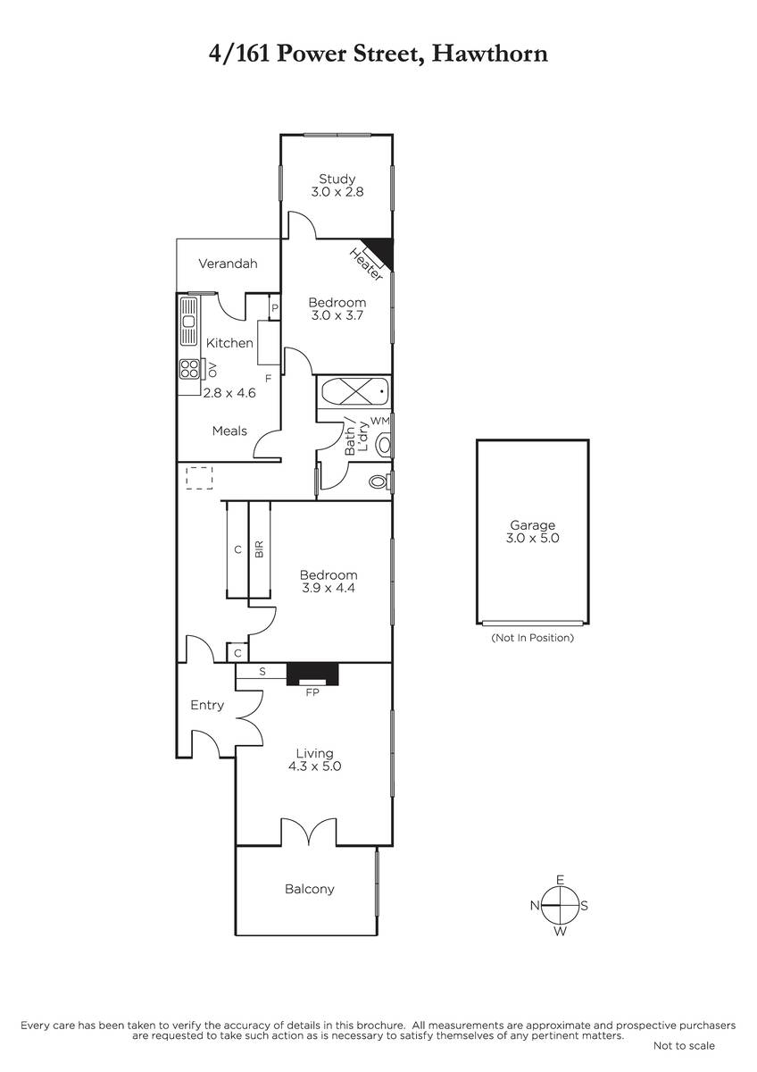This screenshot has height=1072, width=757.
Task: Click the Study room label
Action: coord(337,179)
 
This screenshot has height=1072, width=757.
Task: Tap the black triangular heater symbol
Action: coord(381,250)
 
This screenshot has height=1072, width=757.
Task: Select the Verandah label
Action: coord(228,264)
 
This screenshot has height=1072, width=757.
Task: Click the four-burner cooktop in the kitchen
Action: coord(189,369)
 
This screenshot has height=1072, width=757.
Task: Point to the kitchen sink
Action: coord(189,321)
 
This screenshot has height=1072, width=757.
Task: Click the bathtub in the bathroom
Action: coord(354,392)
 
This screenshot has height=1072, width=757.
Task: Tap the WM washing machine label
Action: coord(380,421)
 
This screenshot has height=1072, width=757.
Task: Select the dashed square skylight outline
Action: coord(199,478)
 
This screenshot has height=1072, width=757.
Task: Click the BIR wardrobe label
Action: coord(259,549)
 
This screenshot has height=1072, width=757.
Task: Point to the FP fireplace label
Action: coord(312,692)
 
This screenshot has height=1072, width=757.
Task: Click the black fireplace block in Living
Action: coord(312,674)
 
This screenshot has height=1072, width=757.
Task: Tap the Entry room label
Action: coord(207,706)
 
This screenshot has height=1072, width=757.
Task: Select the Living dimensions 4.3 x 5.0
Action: coord(314,766)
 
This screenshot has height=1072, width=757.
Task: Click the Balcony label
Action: coord(310,889)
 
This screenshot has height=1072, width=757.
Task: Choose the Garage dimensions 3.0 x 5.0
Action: coord(533,538)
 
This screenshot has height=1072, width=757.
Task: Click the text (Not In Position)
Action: coord(533,638)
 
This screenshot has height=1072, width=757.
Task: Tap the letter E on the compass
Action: coord(561,880)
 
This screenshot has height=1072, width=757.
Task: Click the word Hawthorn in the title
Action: coord(490,54)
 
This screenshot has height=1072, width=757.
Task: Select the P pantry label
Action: coord(274,308)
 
